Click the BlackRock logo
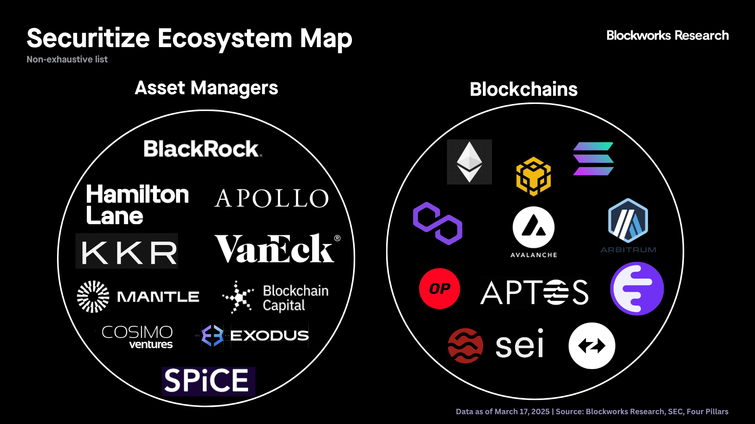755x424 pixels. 203,149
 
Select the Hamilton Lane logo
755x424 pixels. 137,205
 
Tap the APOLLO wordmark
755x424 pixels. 271,198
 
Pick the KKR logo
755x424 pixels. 127,251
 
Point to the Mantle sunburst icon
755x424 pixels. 93,296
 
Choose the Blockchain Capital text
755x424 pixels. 296,298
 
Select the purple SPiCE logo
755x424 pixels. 208,381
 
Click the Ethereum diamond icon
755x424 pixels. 470,162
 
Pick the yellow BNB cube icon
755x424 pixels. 534,176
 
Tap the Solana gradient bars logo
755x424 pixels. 593,159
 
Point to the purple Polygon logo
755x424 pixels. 438,223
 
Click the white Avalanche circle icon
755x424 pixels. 534,227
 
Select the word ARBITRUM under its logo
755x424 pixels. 628,250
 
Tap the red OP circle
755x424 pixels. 440,289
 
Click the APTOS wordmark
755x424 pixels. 535,292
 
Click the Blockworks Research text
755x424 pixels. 668,35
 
